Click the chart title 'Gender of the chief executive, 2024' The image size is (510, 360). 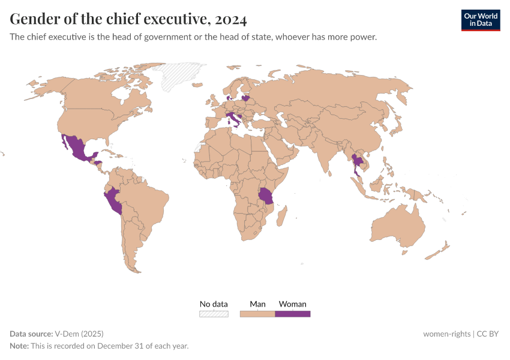click(x=128, y=19)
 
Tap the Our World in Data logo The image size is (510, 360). click(x=480, y=20)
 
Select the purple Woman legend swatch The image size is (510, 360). click(x=293, y=314)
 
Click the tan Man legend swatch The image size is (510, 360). click(x=257, y=314)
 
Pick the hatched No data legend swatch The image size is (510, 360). click(x=214, y=314)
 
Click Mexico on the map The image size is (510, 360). click(x=76, y=148)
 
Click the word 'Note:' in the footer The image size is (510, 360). click(x=20, y=346)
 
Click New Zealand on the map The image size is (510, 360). click(x=440, y=250)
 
